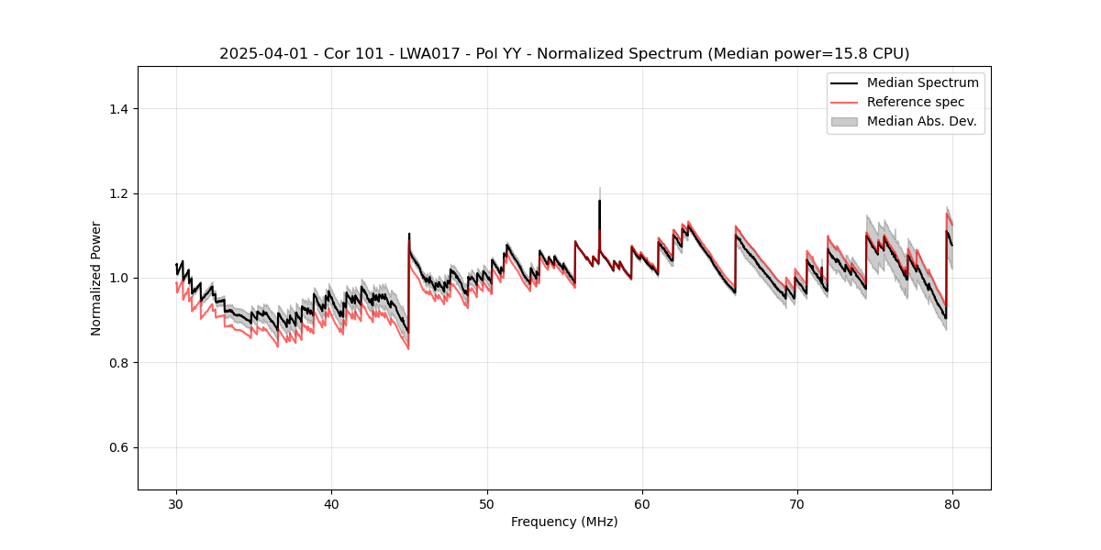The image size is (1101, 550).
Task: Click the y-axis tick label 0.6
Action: coord(118,447)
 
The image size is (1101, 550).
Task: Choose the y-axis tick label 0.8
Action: coord(118,363)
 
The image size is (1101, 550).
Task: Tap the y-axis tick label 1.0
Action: coord(118,278)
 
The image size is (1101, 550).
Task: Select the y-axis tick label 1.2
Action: coord(118,193)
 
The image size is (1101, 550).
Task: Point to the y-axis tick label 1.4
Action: coord(118,109)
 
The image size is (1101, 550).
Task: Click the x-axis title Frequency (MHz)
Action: coord(564,522)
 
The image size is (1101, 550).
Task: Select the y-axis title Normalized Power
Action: coord(95,278)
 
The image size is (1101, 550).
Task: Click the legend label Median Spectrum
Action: coord(922,83)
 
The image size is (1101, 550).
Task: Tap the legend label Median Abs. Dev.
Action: coord(921,121)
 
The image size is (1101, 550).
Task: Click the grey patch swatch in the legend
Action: coord(844,121)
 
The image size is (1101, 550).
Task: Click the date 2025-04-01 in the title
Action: coord(260,54)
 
